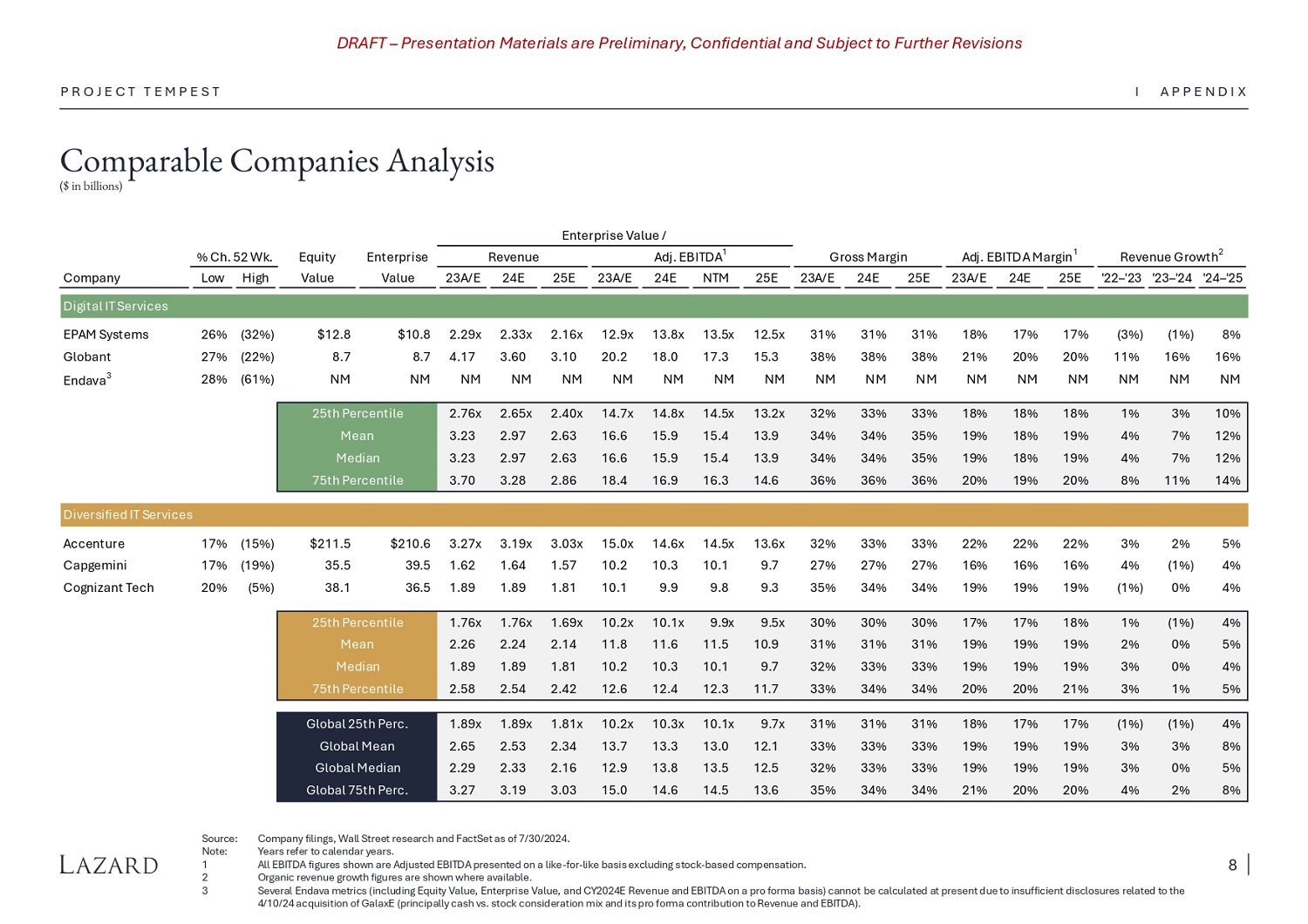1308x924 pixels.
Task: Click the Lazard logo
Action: coord(109,865)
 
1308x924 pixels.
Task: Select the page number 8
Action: coord(1232,865)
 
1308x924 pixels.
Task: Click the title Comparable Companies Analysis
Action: coord(276,161)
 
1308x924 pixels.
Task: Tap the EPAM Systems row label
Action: coord(106,335)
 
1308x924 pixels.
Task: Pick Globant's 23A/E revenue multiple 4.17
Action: coord(462,357)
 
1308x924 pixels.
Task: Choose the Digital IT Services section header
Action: coord(115,306)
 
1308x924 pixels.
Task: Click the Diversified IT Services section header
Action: coord(127,515)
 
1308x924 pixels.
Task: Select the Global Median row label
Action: coord(358,768)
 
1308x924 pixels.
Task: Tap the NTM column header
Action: coord(716,278)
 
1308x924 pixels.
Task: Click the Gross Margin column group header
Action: coord(868,257)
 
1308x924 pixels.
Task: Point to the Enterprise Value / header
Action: coord(614,235)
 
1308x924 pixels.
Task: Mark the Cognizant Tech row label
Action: coord(108,588)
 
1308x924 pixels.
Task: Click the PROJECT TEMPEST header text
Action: coord(140,92)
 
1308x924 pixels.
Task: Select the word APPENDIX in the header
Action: coord(1203,92)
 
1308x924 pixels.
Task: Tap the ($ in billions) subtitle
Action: coord(91,187)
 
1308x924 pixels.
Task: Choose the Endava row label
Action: coord(85,380)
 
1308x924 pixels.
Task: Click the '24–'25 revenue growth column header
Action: coord(1223,278)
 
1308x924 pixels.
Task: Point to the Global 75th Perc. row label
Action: coord(358,791)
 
